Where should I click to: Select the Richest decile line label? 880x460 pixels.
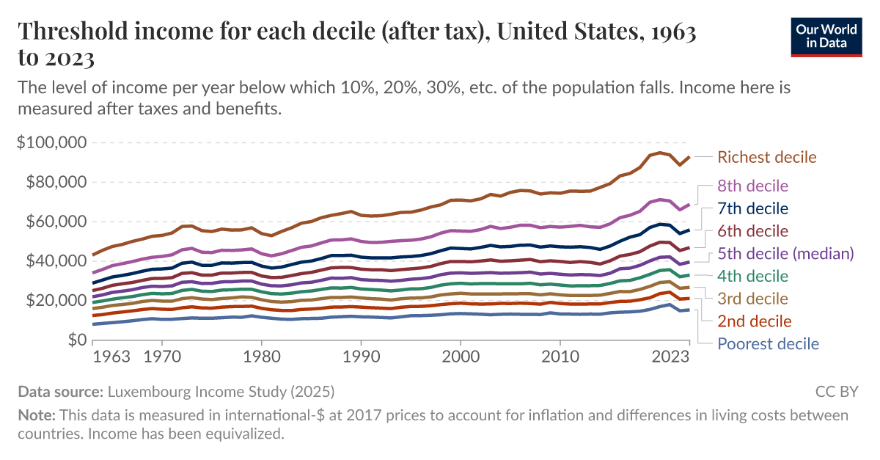coord(766,157)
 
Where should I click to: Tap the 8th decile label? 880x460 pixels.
coord(752,186)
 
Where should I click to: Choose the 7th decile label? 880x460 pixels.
coord(752,208)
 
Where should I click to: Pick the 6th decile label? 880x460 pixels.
coord(752,231)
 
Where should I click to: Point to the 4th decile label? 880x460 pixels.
coord(752,277)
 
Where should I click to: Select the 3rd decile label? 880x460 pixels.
coord(752,299)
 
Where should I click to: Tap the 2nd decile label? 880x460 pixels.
coord(754,321)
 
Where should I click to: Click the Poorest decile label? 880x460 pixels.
coord(768,344)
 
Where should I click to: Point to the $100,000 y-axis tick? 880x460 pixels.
coord(51,142)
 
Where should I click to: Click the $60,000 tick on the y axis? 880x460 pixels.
coord(54,222)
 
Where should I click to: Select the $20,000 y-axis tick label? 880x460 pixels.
coord(54,301)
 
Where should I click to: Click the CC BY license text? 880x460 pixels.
coord(836,391)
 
